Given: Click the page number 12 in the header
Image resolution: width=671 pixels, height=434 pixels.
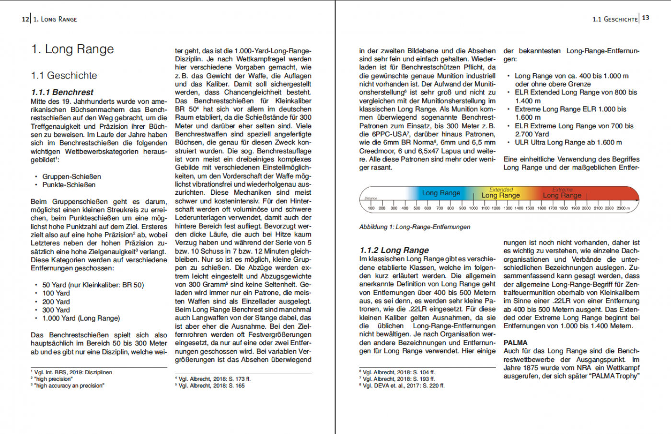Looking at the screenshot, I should [25, 19].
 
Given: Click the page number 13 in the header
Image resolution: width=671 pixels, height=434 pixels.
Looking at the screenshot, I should [646, 18].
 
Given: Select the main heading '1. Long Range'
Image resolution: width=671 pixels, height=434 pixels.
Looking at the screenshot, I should [73, 49].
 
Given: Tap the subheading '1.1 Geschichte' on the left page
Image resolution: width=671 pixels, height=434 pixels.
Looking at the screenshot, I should [64, 76].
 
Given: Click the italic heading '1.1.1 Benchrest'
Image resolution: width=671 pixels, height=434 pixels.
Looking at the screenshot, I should [62, 92].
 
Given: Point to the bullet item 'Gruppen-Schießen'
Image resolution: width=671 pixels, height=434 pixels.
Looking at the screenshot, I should [71, 177].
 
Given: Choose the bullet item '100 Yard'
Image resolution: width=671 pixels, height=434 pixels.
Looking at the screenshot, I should [56, 293].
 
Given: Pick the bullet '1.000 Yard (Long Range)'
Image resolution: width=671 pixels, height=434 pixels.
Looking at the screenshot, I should [81, 318].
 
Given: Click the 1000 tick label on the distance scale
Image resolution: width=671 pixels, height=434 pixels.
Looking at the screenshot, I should [473, 208].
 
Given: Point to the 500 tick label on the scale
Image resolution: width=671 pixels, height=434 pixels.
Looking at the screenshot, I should [416, 208].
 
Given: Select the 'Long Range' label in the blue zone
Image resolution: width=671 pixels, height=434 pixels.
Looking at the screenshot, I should [441, 193].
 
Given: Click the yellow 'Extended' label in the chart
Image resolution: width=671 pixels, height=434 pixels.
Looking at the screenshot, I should [501, 190].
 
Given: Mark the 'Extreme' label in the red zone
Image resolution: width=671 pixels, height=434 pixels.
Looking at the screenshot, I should [562, 190].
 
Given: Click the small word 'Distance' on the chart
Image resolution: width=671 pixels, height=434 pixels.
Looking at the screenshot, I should [371, 198].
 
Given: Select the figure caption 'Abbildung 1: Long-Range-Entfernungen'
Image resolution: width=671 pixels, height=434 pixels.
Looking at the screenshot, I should [415, 227].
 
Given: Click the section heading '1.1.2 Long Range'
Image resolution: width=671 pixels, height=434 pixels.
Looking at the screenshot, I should [394, 250].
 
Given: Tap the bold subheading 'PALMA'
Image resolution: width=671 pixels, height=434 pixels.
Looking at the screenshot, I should [515, 343].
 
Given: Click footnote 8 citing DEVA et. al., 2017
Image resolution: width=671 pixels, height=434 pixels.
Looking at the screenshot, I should [403, 386].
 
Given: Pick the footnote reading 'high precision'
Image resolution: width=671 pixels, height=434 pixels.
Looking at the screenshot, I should [53, 379].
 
